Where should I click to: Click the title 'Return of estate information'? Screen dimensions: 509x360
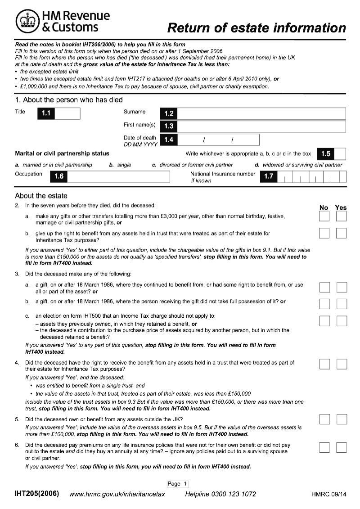[x=256, y=28]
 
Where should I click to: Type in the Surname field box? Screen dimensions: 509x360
[x=261, y=114]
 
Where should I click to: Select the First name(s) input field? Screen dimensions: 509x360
[x=261, y=126]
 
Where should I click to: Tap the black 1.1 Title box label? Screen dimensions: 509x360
[x=46, y=114]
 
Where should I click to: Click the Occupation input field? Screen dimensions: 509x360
[x=118, y=176]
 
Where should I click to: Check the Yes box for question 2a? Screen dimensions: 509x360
[x=342, y=217]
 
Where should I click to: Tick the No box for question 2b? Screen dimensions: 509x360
[x=324, y=233]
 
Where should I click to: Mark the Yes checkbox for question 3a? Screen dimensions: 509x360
[x=342, y=287]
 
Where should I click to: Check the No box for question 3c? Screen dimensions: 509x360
[x=324, y=320]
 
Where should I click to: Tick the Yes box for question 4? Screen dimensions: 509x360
[x=342, y=364]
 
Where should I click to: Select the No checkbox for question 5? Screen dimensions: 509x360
[x=324, y=419]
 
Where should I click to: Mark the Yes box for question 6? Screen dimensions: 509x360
[x=342, y=447]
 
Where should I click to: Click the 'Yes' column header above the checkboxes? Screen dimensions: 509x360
[x=341, y=207]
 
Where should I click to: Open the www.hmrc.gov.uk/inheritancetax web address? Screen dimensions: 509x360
[x=117, y=494]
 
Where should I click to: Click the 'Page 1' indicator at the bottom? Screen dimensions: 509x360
[x=177, y=484]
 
